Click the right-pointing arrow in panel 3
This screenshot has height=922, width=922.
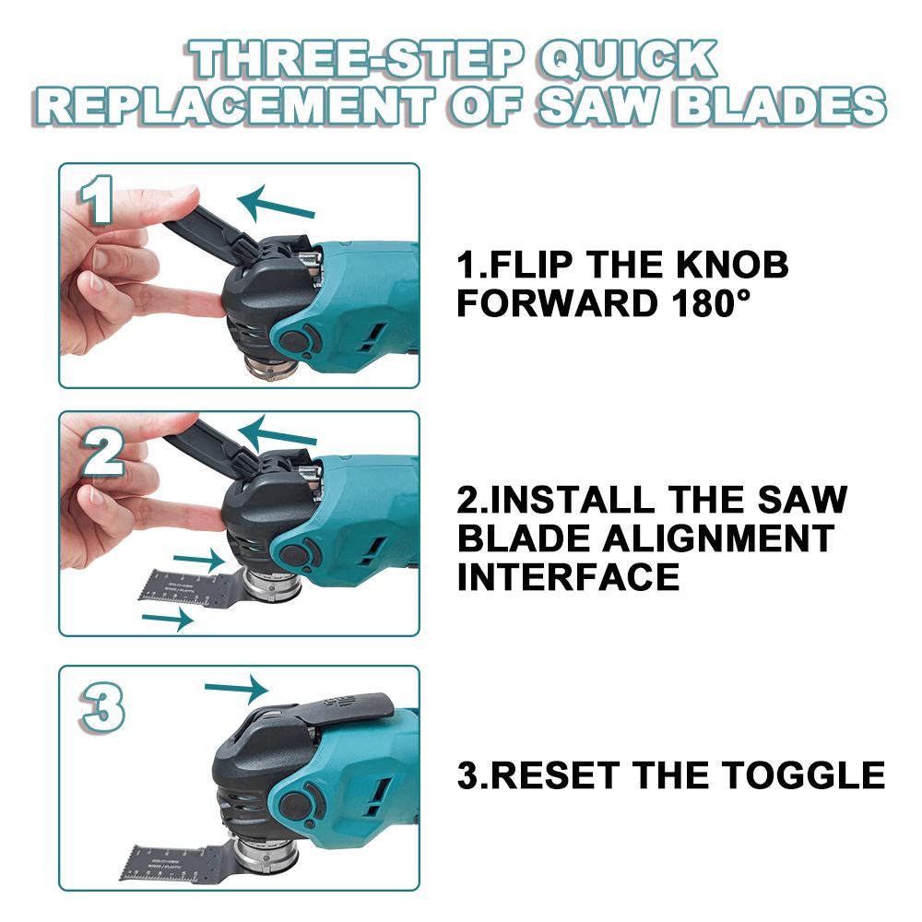236,688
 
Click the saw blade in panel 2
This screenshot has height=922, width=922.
184,582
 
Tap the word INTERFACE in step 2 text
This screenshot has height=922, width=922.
568,578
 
